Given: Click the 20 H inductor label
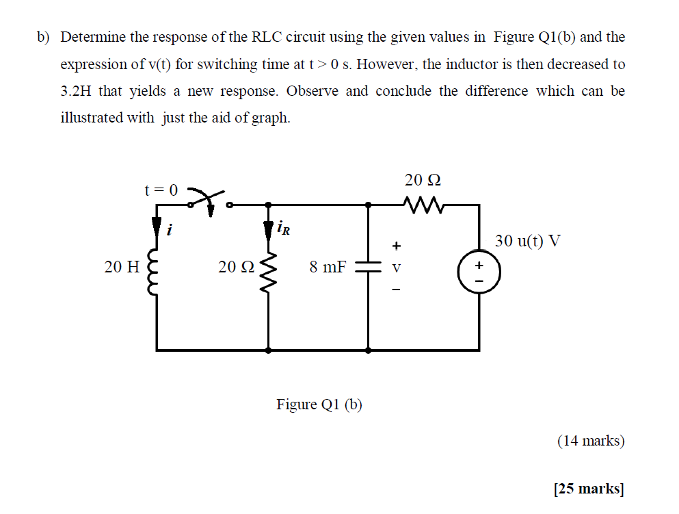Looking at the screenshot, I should point(121,267).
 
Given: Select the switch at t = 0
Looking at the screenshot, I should point(209,199).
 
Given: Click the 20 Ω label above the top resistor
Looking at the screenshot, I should point(422,181).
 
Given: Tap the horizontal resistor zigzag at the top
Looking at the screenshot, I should point(424,204).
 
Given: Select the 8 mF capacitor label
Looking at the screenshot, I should point(328,267).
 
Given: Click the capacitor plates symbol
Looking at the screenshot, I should point(369,269).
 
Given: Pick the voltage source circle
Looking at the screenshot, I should point(479,269).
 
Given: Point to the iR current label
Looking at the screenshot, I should point(284,227).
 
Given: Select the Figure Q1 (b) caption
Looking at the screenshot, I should point(319,404).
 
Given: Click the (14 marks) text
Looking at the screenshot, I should point(591,441).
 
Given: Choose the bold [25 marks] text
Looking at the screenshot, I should point(589,489).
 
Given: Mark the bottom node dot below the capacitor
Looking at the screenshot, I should point(369,350).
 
